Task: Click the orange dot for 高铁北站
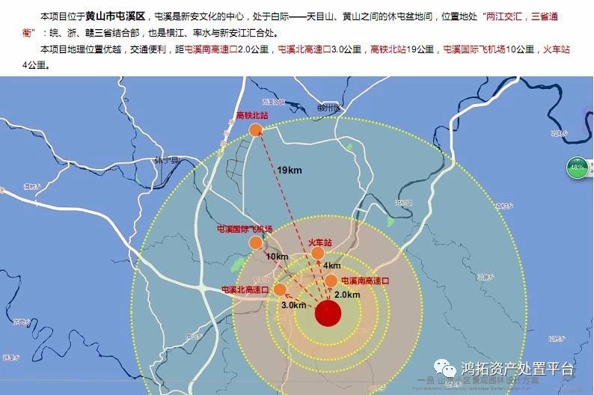(256, 130)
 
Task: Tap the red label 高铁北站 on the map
(251, 116)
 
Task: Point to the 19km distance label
(289, 171)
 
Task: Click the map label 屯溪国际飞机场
(245, 228)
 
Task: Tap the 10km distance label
(277, 257)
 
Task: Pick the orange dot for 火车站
(318, 254)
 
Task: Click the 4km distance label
(332, 266)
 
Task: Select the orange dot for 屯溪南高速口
(331, 281)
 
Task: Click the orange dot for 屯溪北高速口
(280, 290)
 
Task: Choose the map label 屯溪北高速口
(246, 289)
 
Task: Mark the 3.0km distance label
(294, 305)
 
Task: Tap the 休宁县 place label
(167, 161)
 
